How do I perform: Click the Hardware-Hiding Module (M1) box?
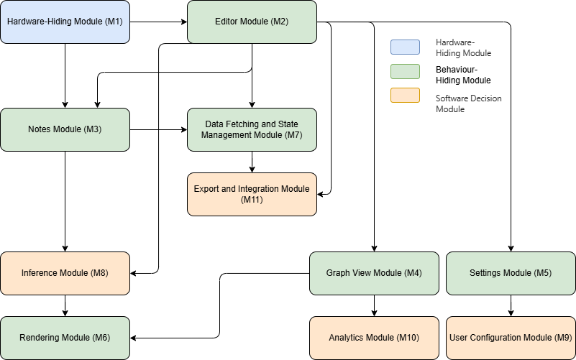(x=65, y=22)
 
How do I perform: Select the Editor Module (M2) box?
(x=252, y=22)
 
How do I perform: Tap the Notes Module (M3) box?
(x=65, y=129)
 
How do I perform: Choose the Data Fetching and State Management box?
(x=252, y=129)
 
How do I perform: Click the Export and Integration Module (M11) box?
(x=252, y=194)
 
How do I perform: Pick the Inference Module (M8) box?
(x=65, y=273)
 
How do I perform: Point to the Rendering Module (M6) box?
(x=65, y=338)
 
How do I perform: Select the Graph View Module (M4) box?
(x=374, y=273)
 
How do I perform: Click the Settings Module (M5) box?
(x=511, y=273)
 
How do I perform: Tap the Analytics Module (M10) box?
(x=374, y=338)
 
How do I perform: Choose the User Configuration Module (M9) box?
(x=511, y=338)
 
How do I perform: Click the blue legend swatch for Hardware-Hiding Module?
(x=406, y=47)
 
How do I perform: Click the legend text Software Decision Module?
(x=468, y=103)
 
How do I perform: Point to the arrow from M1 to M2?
(x=158, y=22)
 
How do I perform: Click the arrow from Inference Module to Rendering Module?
(x=65, y=305)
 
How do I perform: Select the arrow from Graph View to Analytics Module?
(x=374, y=305)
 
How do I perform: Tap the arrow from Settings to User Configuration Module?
(x=511, y=305)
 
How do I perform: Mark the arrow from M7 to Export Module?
(x=252, y=162)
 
